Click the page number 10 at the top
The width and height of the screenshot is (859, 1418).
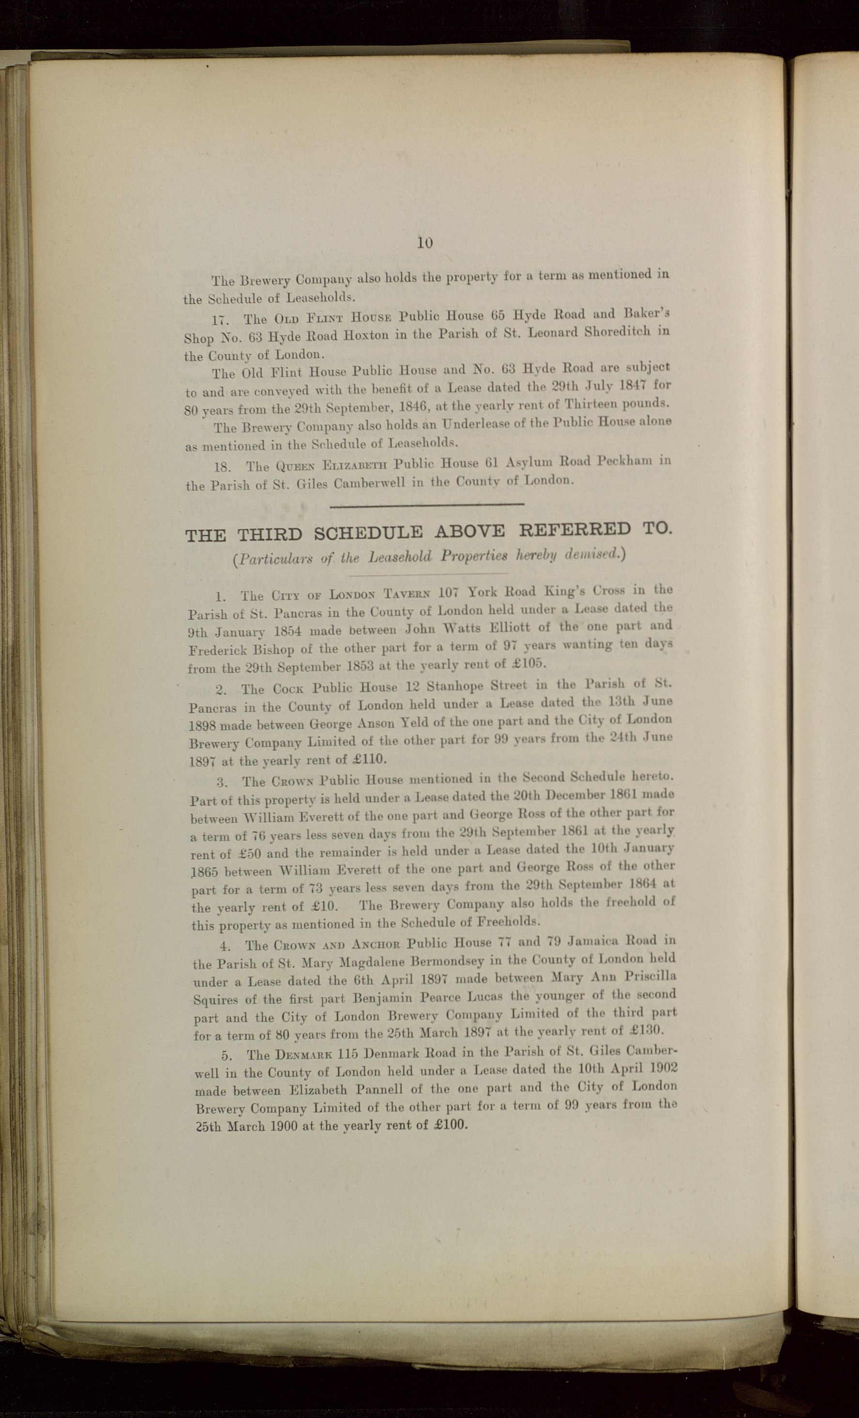[x=424, y=243]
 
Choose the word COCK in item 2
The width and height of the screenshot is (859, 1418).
[x=288, y=689]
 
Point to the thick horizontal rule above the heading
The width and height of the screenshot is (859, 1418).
[x=426, y=505]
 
